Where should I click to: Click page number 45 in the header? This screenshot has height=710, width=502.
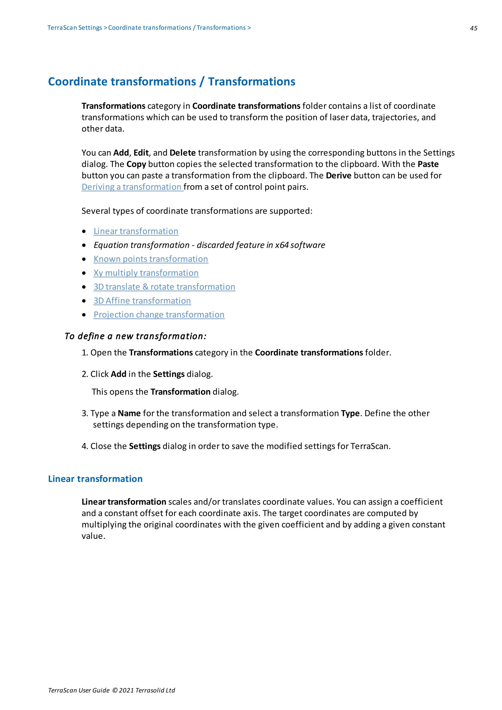pyautogui.click(x=473, y=28)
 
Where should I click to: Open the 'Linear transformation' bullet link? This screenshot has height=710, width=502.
pyautogui.click(x=136, y=231)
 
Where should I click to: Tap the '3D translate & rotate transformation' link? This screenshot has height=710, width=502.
pyautogui.click(x=164, y=287)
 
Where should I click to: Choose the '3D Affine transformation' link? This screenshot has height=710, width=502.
pyautogui.click(x=142, y=301)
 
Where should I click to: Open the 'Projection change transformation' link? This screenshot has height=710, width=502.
pyautogui.click(x=159, y=315)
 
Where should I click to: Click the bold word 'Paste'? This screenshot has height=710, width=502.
pyautogui.click(x=428, y=164)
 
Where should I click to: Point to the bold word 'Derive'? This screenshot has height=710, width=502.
pyautogui.click(x=338, y=175)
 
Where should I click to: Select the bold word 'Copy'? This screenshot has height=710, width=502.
pyautogui.click(x=136, y=164)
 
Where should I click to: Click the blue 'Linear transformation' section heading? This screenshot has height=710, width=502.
pyautogui.click(x=95, y=479)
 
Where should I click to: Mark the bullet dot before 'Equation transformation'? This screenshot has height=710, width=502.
pyautogui.click(x=84, y=245)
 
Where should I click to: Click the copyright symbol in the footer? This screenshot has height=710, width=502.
pyautogui.click(x=115, y=690)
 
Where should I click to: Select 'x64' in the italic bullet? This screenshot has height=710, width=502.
pyautogui.click(x=282, y=245)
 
